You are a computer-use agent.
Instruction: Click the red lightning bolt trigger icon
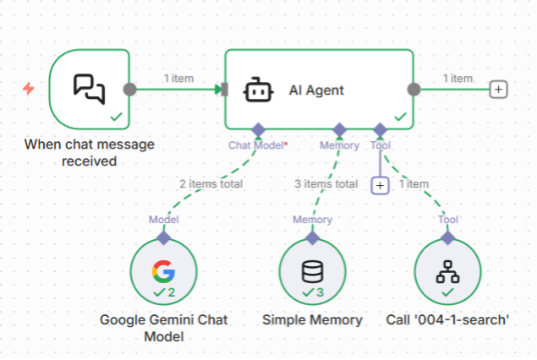click(29, 89)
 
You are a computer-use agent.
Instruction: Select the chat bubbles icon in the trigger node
click(89, 88)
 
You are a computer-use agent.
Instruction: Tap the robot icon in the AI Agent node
click(257, 90)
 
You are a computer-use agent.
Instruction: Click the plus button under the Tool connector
click(381, 184)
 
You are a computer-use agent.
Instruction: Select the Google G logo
click(162, 270)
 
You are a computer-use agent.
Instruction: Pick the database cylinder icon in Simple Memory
click(312, 270)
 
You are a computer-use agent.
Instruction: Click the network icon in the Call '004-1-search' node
click(447, 270)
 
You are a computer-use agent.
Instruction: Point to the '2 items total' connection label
click(210, 183)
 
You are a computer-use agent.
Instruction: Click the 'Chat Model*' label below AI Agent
click(258, 145)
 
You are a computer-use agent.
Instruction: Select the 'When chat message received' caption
click(89, 152)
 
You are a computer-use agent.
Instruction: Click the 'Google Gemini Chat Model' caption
click(164, 328)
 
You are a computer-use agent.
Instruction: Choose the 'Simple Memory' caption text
click(312, 319)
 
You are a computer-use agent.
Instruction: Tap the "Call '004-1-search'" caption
click(447, 319)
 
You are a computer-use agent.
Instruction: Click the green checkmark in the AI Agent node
click(400, 117)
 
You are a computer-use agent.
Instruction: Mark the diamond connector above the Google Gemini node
click(163, 237)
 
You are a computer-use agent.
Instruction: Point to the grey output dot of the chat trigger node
click(129, 89)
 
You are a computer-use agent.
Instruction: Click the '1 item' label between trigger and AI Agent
click(178, 79)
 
